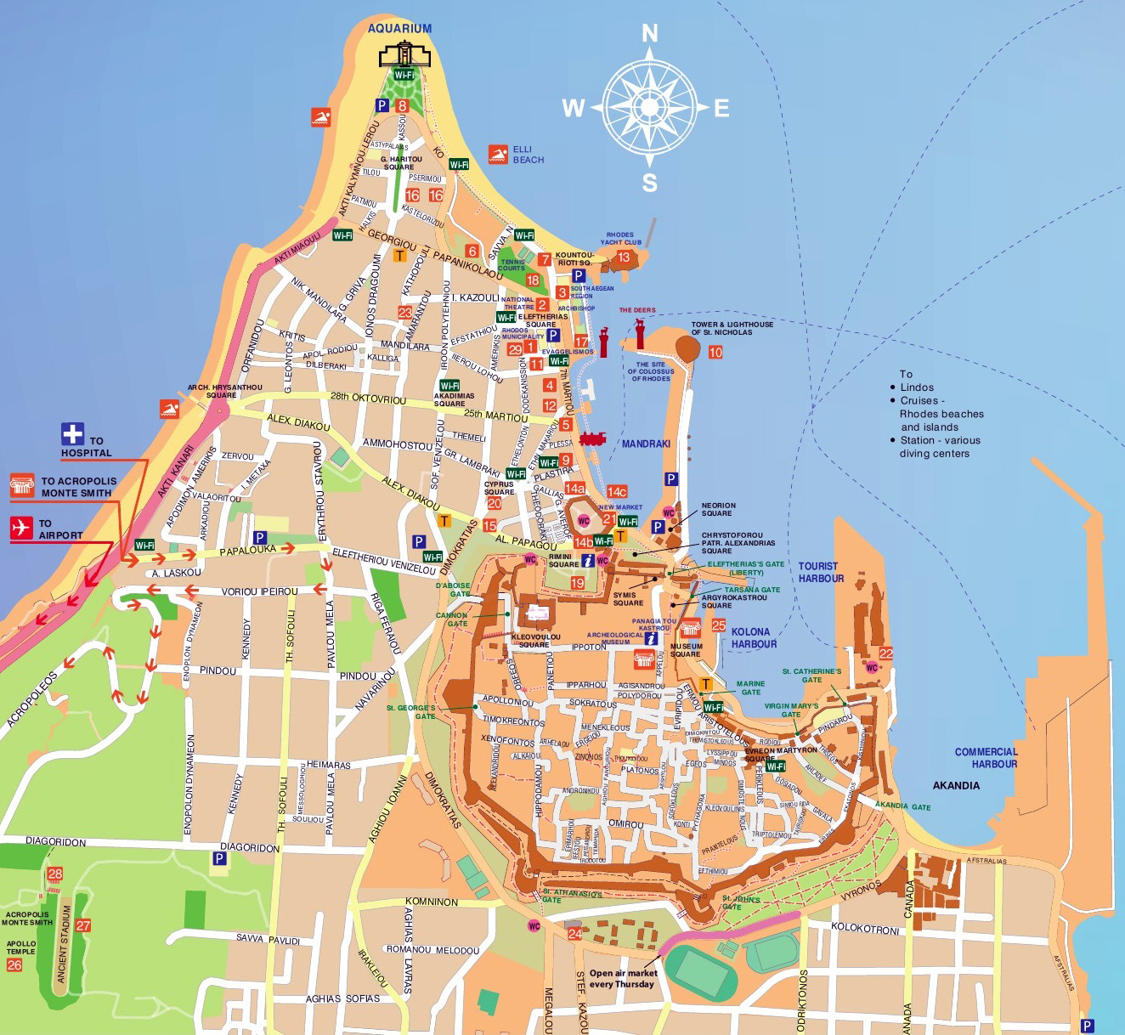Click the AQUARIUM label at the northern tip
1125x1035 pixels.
click(x=399, y=28)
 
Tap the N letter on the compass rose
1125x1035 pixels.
click(x=649, y=34)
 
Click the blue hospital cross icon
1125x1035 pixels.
click(x=72, y=434)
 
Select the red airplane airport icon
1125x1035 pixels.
click(x=21, y=528)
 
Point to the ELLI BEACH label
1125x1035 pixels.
click(x=528, y=155)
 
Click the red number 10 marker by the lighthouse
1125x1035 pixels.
click(x=715, y=352)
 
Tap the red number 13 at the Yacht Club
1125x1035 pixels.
click(x=624, y=257)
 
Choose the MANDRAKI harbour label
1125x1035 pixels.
click(x=646, y=444)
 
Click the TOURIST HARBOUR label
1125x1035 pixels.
click(x=821, y=572)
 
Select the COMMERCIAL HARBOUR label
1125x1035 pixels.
click(x=986, y=758)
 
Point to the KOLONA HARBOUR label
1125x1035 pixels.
click(x=753, y=638)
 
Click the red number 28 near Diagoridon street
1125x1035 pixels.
click(x=55, y=874)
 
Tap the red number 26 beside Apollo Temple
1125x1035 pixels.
click(x=14, y=964)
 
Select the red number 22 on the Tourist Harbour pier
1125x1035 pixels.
click(x=885, y=653)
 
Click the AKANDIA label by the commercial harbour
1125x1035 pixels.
click(x=956, y=785)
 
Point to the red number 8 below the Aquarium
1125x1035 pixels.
click(x=402, y=106)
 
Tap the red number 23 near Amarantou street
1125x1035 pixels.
click(x=405, y=313)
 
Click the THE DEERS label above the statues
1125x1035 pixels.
click(x=637, y=310)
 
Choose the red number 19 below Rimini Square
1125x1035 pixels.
click(x=578, y=583)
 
